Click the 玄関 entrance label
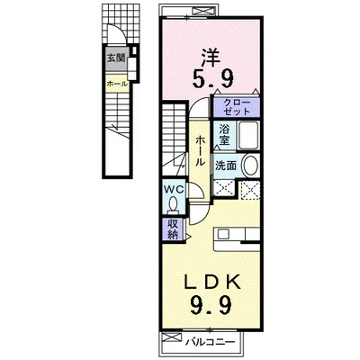(x=116, y=58)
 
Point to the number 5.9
(x=212, y=79)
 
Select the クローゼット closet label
(x=237, y=106)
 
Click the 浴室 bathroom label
(x=224, y=135)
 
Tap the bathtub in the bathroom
(x=248, y=135)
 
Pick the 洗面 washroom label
(x=226, y=166)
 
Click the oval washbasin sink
(x=250, y=166)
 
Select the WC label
(x=173, y=189)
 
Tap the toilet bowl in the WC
(x=173, y=205)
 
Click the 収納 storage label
(x=173, y=229)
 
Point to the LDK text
(x=212, y=282)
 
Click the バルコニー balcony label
(x=210, y=342)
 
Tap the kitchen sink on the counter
(x=223, y=233)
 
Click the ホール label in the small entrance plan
(x=117, y=85)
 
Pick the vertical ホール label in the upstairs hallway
(x=200, y=150)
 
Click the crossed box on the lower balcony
(x=172, y=337)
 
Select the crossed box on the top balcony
(x=202, y=12)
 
